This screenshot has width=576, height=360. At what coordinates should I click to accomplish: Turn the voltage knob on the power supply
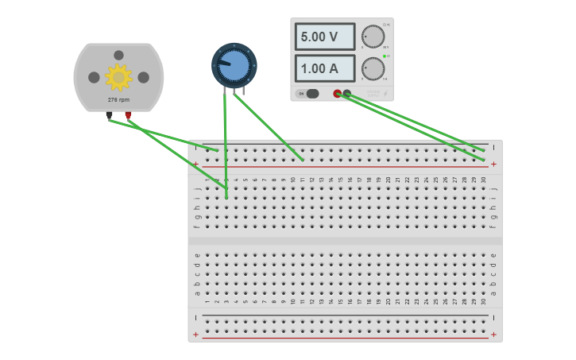(x=372, y=37)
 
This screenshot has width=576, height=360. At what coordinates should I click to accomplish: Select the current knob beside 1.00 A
(x=372, y=68)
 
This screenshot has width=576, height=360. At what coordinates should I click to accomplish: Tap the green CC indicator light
(x=385, y=56)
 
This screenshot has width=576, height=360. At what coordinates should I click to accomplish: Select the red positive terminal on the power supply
(x=338, y=94)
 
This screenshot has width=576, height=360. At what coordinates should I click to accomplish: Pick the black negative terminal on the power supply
(x=347, y=94)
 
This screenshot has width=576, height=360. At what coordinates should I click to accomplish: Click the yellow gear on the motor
(x=118, y=76)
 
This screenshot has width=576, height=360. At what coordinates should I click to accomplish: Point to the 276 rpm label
(x=118, y=99)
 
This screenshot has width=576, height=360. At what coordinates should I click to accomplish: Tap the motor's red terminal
(x=128, y=114)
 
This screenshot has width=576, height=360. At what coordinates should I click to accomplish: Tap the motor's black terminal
(x=110, y=114)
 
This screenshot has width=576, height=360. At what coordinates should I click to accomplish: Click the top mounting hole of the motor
(x=118, y=55)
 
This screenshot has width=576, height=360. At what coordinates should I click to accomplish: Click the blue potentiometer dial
(x=234, y=65)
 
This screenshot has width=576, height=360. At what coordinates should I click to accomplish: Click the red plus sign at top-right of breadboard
(x=493, y=165)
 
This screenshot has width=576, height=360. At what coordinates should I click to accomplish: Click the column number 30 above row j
(x=484, y=180)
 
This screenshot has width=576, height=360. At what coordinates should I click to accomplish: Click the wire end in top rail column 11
(x=303, y=160)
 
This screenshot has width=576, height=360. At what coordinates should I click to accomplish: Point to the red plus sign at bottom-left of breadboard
(x=196, y=335)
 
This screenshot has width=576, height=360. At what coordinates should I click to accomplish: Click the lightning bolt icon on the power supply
(x=386, y=94)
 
